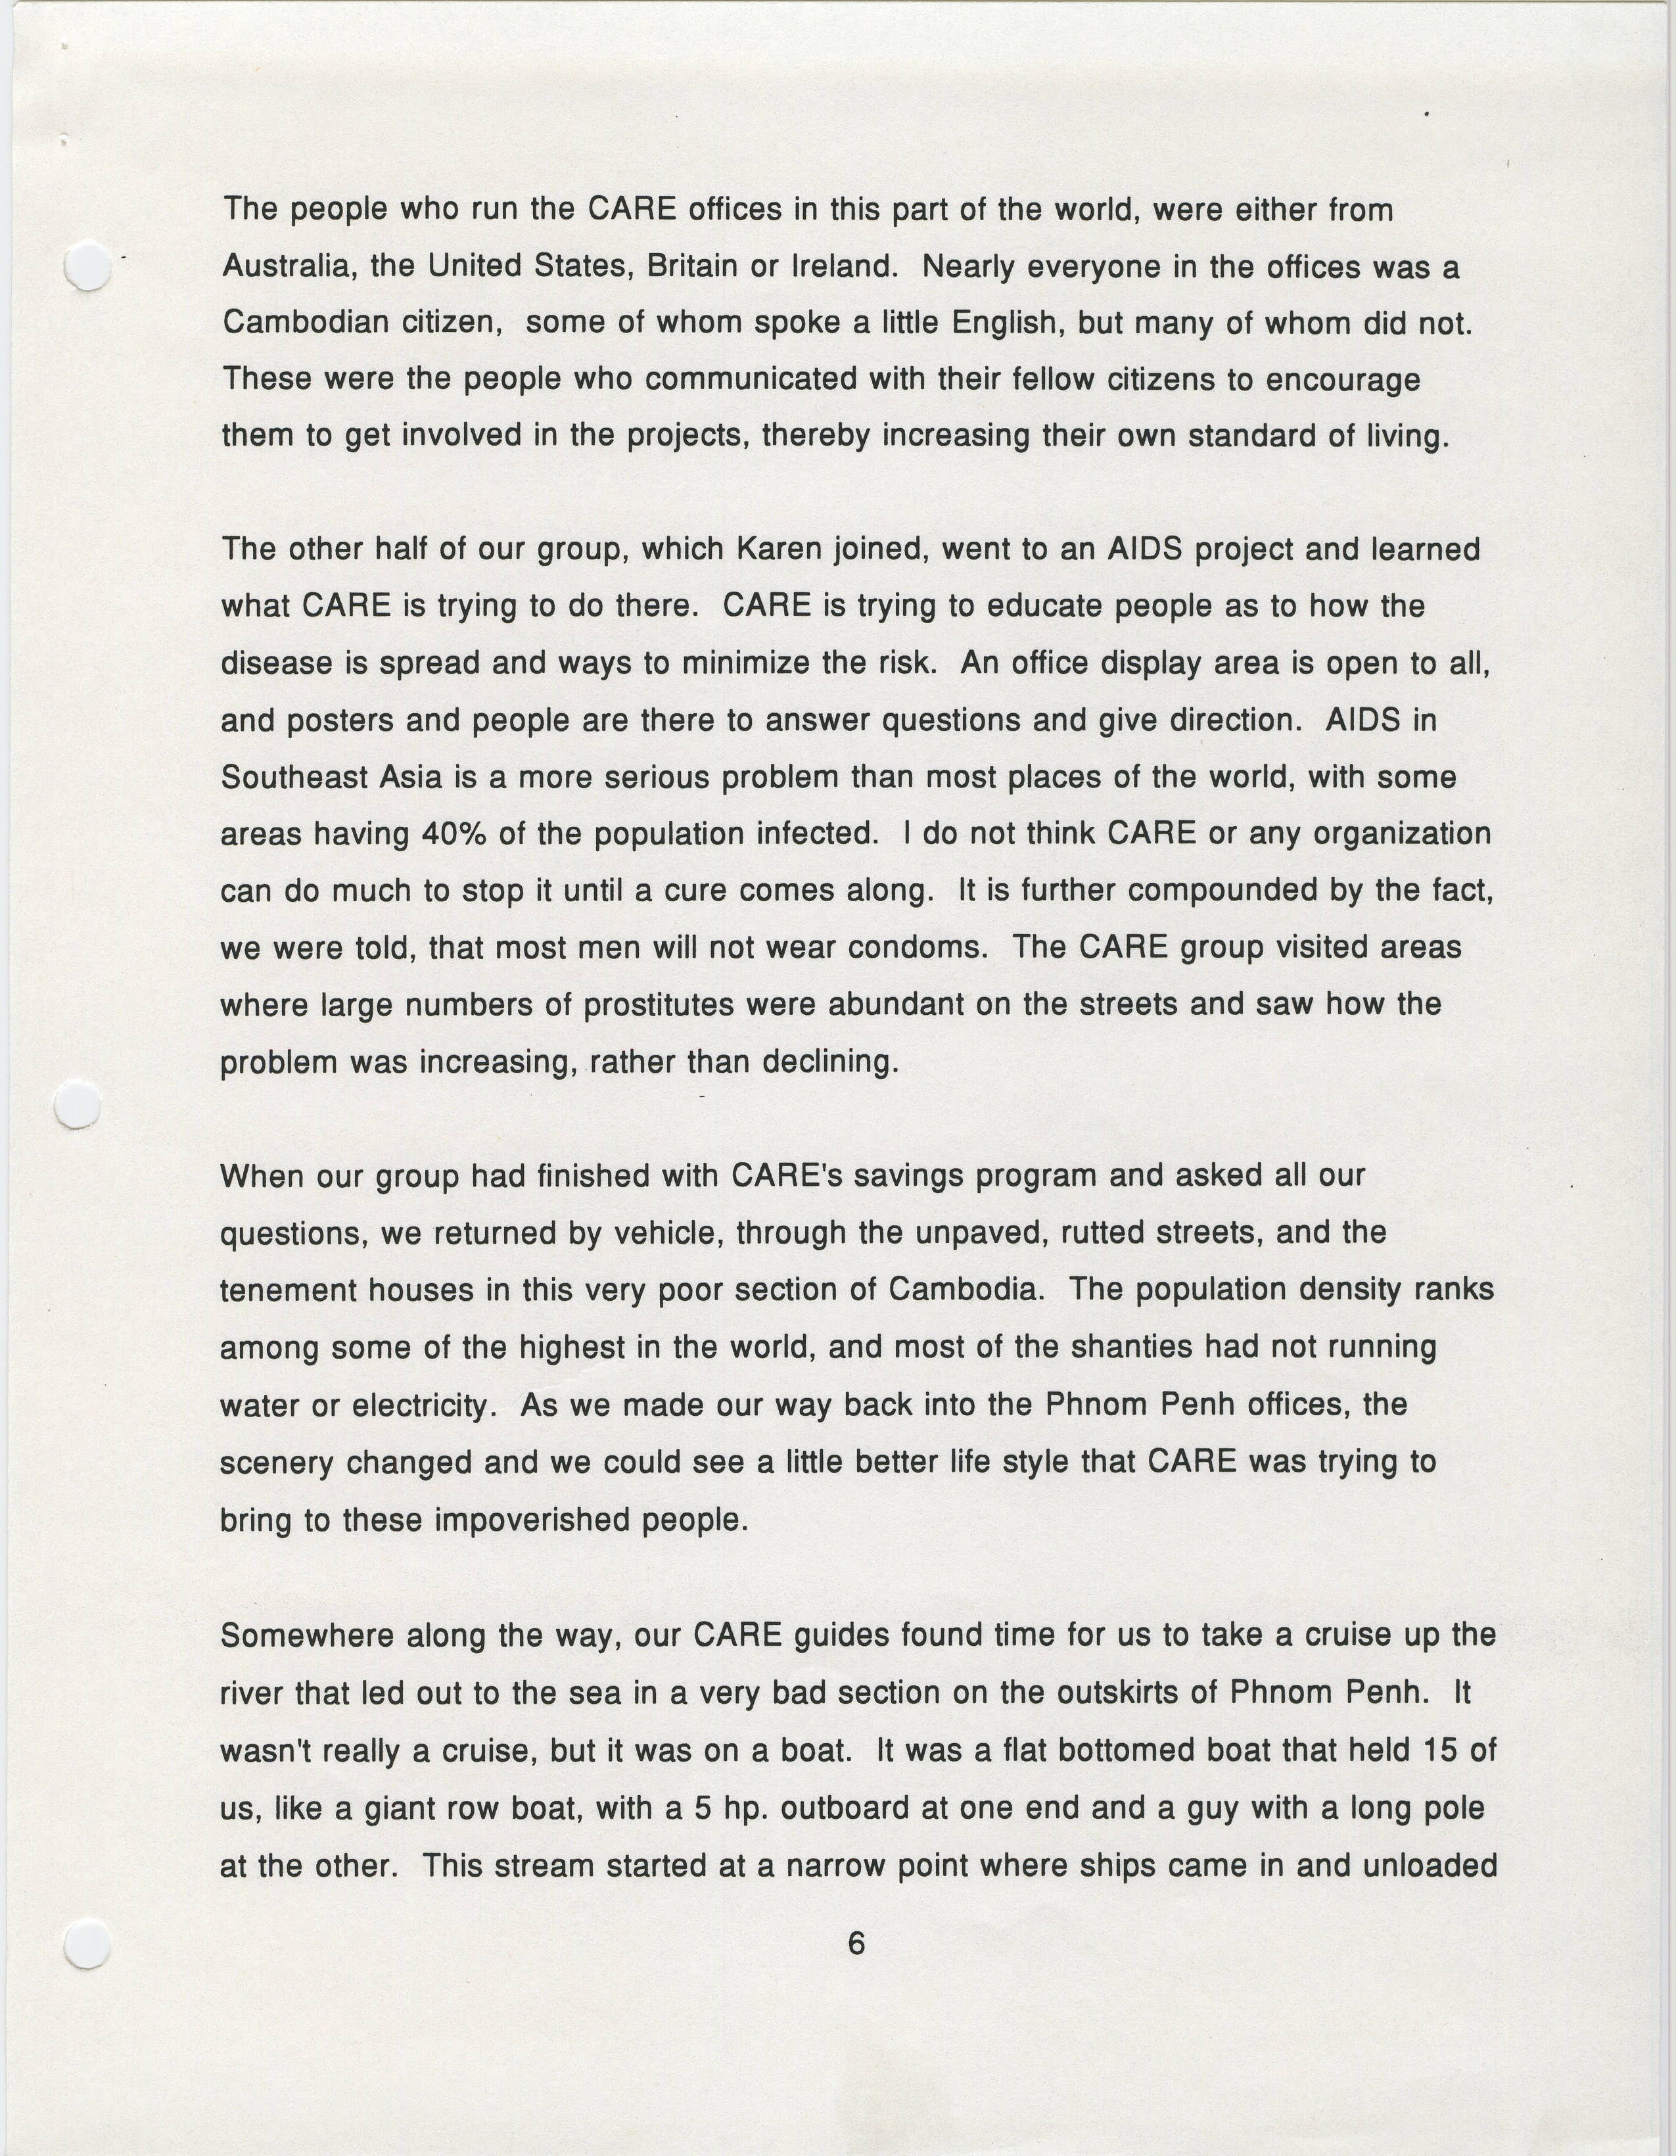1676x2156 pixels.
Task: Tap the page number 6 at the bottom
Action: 856,1944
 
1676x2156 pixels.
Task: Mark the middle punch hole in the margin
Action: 78,1104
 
